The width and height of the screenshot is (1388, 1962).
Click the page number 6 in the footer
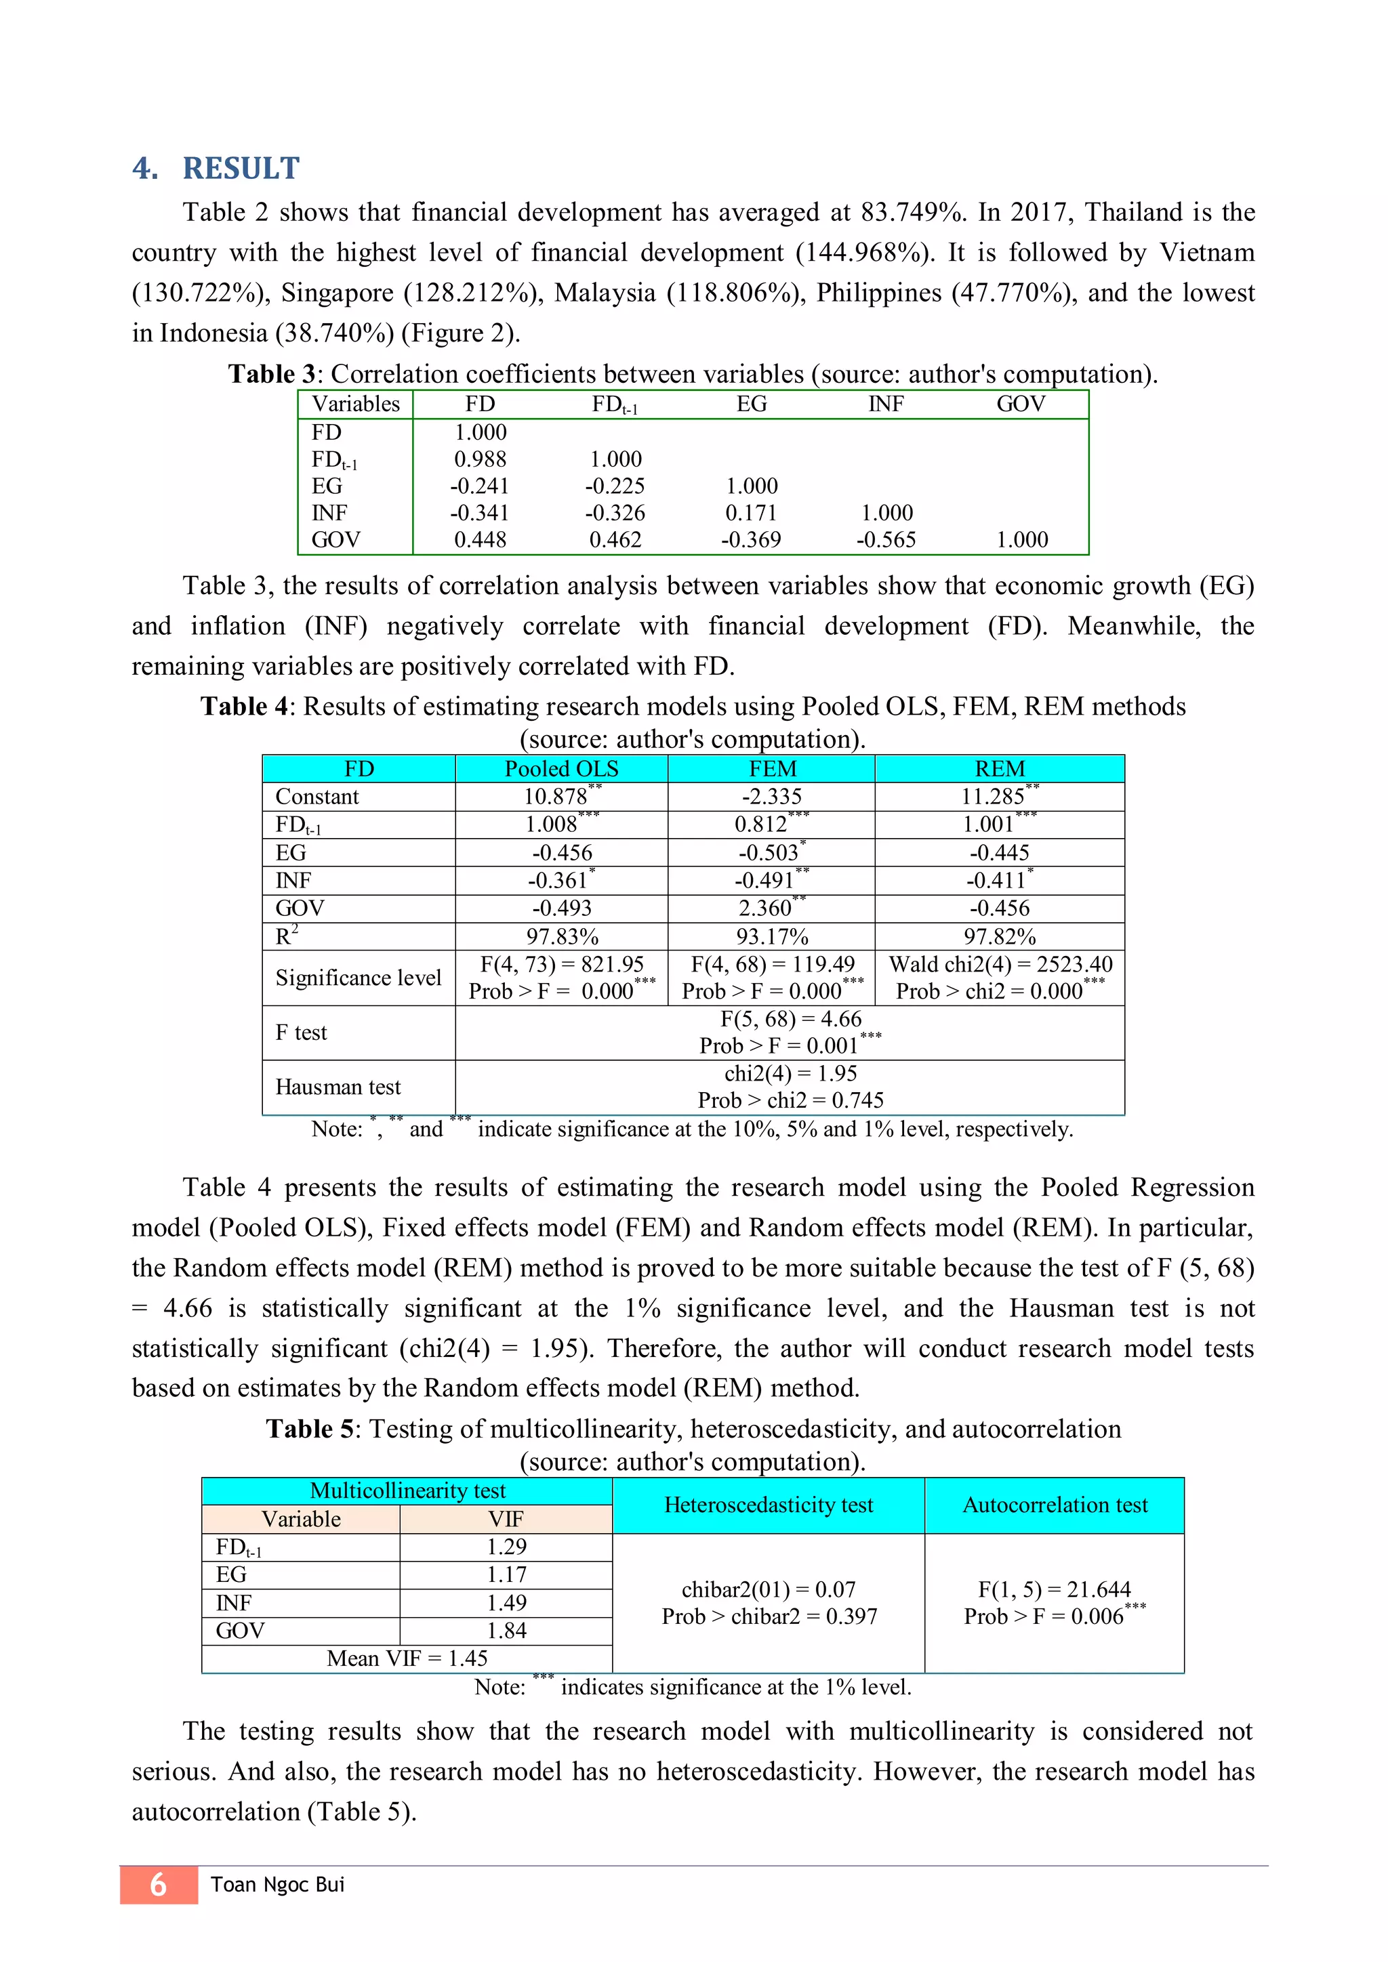tap(158, 1884)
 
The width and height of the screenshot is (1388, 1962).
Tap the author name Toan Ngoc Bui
tap(278, 1884)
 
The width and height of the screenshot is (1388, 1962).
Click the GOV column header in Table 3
tap(1021, 404)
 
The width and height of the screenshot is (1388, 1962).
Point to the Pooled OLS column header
tap(562, 768)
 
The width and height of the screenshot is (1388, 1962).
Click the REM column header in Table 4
tap(999, 768)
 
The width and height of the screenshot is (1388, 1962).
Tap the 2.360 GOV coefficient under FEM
tap(767, 908)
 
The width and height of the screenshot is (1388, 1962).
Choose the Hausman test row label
tap(338, 1087)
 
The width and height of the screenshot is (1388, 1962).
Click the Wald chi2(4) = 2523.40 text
tap(1000, 964)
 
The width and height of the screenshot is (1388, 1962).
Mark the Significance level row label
tap(358, 978)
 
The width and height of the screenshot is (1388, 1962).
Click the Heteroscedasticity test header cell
tap(769, 1505)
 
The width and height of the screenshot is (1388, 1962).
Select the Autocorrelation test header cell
tap(1055, 1505)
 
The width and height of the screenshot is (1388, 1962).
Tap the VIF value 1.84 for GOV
tap(506, 1631)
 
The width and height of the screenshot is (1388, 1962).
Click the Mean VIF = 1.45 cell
tap(407, 1658)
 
